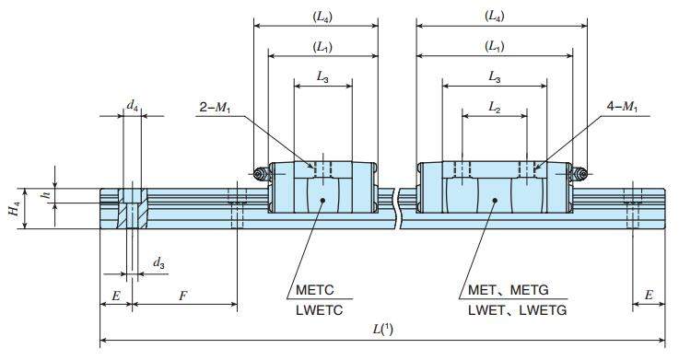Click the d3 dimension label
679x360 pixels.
tap(158, 264)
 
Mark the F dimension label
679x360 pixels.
tap(184, 296)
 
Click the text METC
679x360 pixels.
tap(315, 292)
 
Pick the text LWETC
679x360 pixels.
tap(318, 311)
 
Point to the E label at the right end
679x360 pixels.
tap(650, 296)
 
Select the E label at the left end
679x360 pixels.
tap(115, 296)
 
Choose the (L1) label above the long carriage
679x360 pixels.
tap(495, 46)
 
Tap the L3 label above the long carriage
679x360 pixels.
tap(495, 78)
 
